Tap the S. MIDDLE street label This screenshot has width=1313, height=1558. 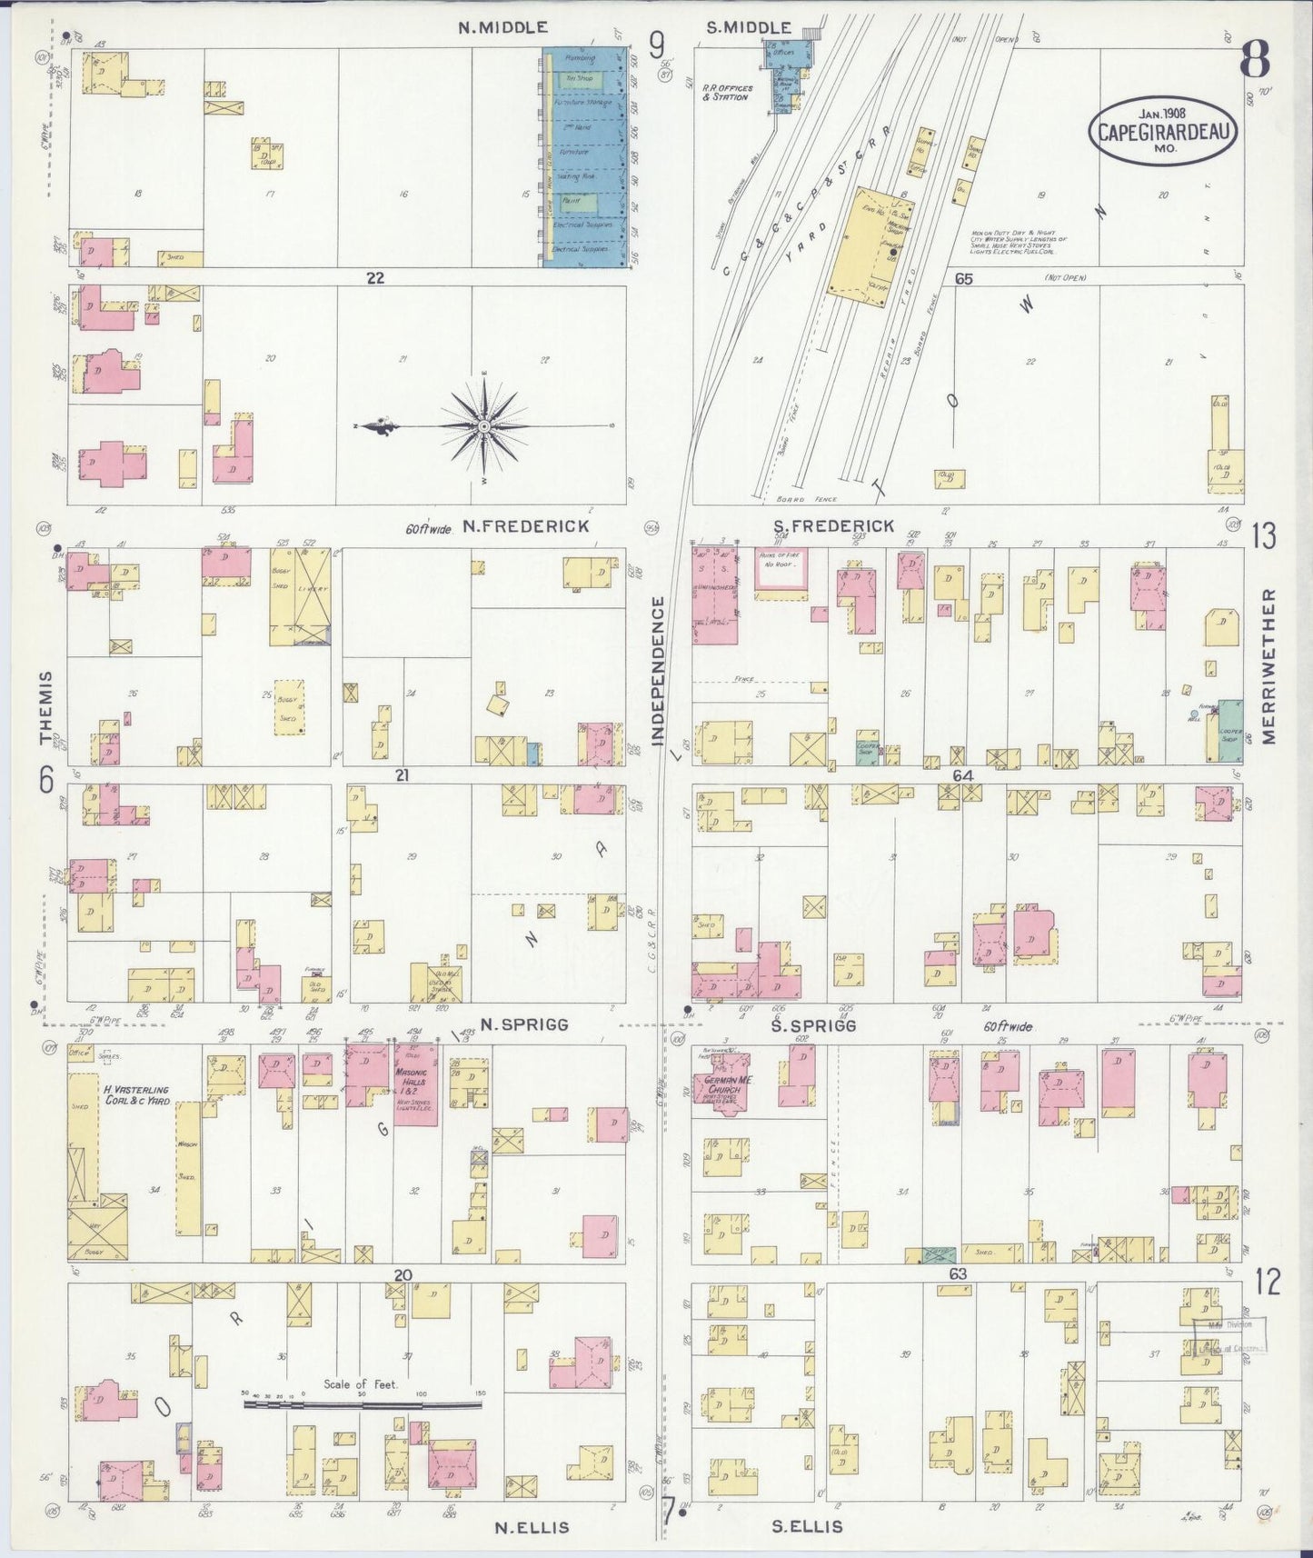coord(749,28)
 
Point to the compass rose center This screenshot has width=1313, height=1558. coord(484,425)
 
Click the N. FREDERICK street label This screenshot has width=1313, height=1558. coord(525,526)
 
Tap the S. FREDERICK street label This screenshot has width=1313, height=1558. coord(833,526)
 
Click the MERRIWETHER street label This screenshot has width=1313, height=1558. coord(1269,665)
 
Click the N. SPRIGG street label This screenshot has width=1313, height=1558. coord(524,1024)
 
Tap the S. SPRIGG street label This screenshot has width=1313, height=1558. coord(814,1024)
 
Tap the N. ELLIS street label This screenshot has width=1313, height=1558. coord(532,1527)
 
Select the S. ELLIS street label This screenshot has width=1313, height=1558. coord(807,1527)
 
